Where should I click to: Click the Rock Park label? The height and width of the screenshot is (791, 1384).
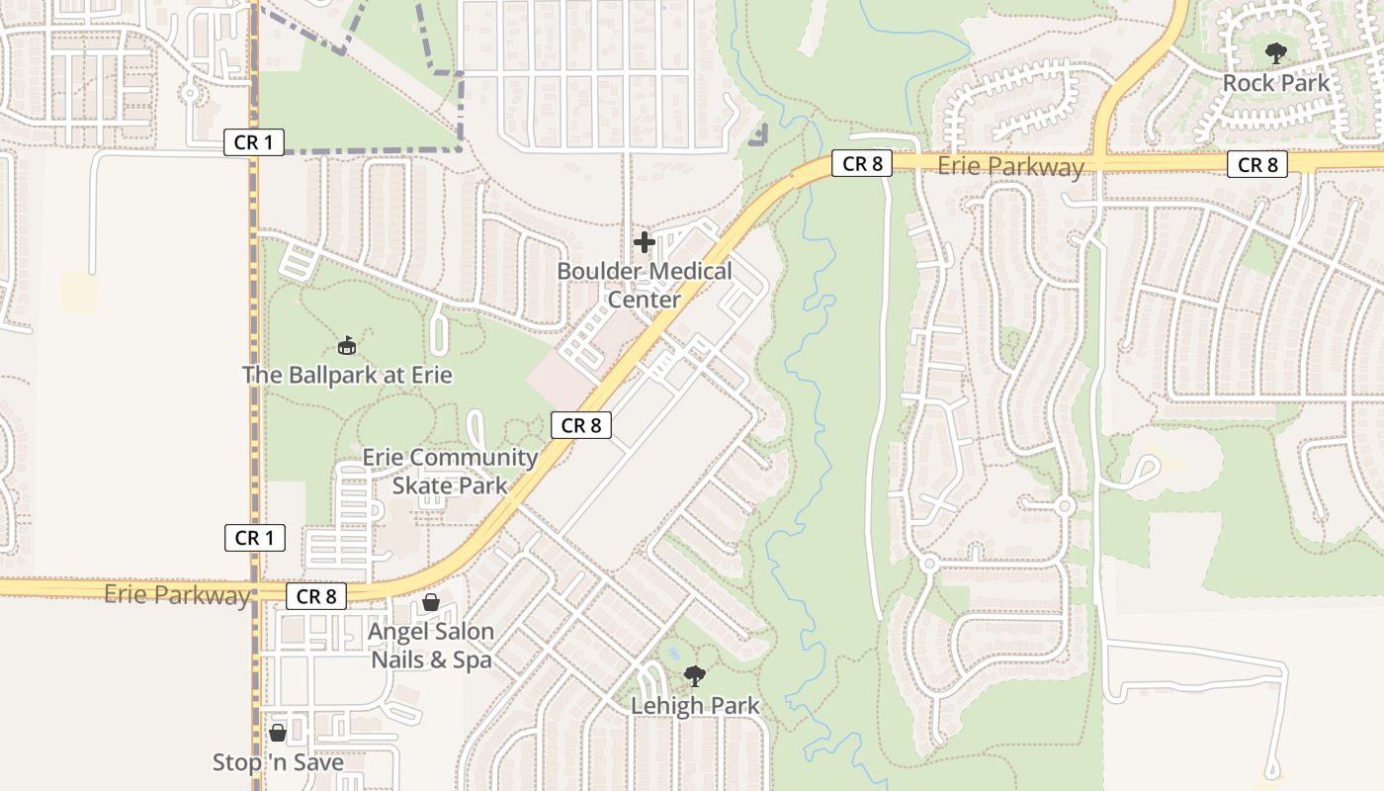click(1276, 83)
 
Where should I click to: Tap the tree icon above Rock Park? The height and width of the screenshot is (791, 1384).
click(1276, 53)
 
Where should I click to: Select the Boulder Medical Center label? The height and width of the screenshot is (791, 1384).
click(645, 285)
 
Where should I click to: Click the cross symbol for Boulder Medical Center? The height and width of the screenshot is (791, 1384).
click(645, 242)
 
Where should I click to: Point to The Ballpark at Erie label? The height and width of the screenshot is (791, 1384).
click(347, 376)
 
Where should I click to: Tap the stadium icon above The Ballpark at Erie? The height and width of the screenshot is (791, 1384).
click(346, 346)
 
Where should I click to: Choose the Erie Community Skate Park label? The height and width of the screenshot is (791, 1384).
click(450, 472)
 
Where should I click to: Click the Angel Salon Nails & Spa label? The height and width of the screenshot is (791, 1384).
click(431, 645)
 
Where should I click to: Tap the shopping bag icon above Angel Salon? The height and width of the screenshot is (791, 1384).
click(431, 602)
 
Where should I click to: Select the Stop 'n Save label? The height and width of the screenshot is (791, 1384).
click(278, 762)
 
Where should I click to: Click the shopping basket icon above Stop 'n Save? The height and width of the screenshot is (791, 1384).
click(278, 733)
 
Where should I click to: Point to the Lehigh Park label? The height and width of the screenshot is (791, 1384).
click(695, 706)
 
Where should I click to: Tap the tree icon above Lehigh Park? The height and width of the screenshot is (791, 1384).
click(695, 676)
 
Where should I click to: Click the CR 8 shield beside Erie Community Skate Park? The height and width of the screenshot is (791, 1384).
click(580, 426)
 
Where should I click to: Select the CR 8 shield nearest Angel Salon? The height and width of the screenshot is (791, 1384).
click(316, 596)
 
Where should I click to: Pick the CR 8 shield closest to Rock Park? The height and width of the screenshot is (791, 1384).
click(1257, 165)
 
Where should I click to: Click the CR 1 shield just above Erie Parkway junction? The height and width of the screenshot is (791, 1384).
click(254, 538)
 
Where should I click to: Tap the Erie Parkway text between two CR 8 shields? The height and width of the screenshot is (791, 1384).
click(1010, 167)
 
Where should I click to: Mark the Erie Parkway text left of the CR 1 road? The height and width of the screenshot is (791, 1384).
click(177, 595)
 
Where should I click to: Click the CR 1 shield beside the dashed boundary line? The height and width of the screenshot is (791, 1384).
click(254, 142)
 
